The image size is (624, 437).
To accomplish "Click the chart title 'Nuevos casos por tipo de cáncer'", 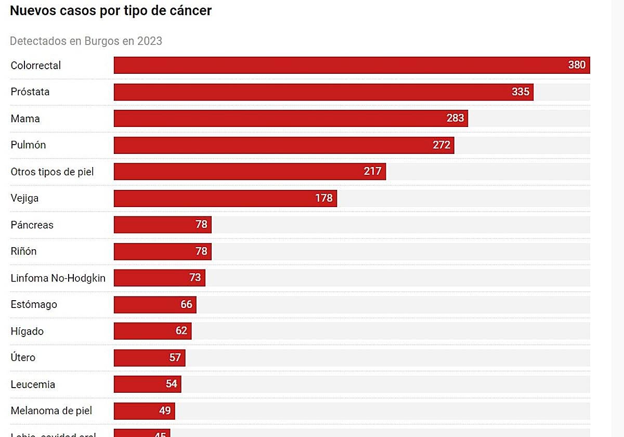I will [x=111, y=10].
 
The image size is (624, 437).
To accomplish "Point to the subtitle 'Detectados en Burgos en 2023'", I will [x=86, y=41].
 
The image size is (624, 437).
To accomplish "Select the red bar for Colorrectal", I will [x=338, y=65].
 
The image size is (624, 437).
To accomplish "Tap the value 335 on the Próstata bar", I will [x=520, y=92].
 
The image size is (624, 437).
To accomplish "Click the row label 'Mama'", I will [x=25, y=119].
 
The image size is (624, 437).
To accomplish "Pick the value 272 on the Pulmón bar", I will [x=441, y=145].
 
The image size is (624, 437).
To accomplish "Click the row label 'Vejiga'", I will [x=24, y=198].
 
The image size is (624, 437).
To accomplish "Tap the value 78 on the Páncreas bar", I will [x=201, y=225].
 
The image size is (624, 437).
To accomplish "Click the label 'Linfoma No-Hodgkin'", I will [x=58, y=278].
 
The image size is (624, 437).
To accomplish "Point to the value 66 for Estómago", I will [x=186, y=304].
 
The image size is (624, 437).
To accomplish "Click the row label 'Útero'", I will [x=23, y=357].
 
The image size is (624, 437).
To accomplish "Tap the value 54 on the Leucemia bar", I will [x=171, y=384].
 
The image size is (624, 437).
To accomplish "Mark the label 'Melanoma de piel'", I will [x=51, y=410].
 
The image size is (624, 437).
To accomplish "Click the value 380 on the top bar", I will [x=577, y=65].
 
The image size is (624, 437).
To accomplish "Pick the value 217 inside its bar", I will [x=372, y=171].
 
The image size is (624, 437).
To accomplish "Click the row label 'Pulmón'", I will [x=28, y=145].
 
